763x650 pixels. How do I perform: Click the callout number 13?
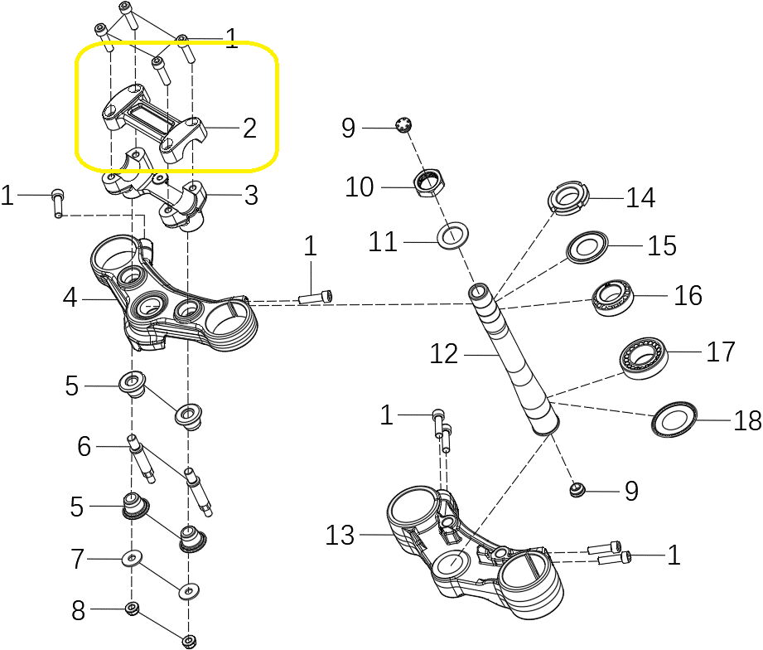click(x=340, y=536)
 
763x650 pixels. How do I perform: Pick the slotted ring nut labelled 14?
click(x=568, y=199)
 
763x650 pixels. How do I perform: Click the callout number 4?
click(x=70, y=298)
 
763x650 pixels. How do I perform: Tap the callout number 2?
click(x=249, y=128)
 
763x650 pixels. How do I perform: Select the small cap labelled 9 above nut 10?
click(x=405, y=126)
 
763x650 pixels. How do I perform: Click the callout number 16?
click(x=688, y=295)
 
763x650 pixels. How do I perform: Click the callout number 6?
click(x=84, y=447)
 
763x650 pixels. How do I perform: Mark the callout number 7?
click(x=78, y=560)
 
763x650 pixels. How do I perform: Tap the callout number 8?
click(x=78, y=612)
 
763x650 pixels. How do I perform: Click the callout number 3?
click(x=251, y=196)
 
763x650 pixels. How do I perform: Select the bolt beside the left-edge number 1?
click(x=58, y=202)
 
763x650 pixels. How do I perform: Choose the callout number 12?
click(x=444, y=354)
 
